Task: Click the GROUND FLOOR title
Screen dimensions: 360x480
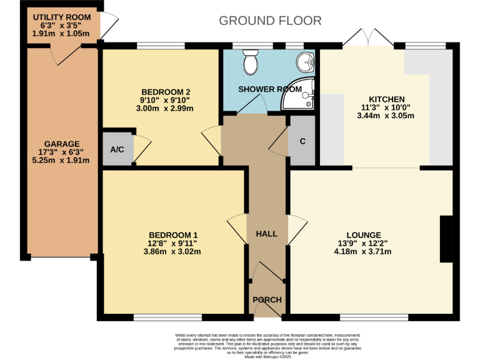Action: click(270, 21)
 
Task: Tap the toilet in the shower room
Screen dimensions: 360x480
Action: click(250, 61)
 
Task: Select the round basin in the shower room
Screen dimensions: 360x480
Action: click(306, 61)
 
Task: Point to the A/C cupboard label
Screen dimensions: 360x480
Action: click(117, 149)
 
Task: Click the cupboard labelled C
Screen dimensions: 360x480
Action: click(302, 141)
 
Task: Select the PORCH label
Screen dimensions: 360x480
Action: click(267, 300)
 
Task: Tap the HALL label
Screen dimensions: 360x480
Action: click(266, 234)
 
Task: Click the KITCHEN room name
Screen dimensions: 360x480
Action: click(387, 99)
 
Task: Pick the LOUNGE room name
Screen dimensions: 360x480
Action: click(364, 236)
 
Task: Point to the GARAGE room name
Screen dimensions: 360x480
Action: click(62, 144)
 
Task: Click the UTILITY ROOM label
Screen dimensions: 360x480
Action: click(62, 17)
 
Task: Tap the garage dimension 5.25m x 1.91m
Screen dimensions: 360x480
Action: click(62, 160)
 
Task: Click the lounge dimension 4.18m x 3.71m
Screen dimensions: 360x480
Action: click(364, 252)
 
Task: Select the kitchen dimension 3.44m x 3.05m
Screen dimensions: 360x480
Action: click(387, 116)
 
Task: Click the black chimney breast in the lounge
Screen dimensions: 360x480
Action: click(447, 239)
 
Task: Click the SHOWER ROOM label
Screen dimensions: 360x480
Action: click(265, 89)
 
